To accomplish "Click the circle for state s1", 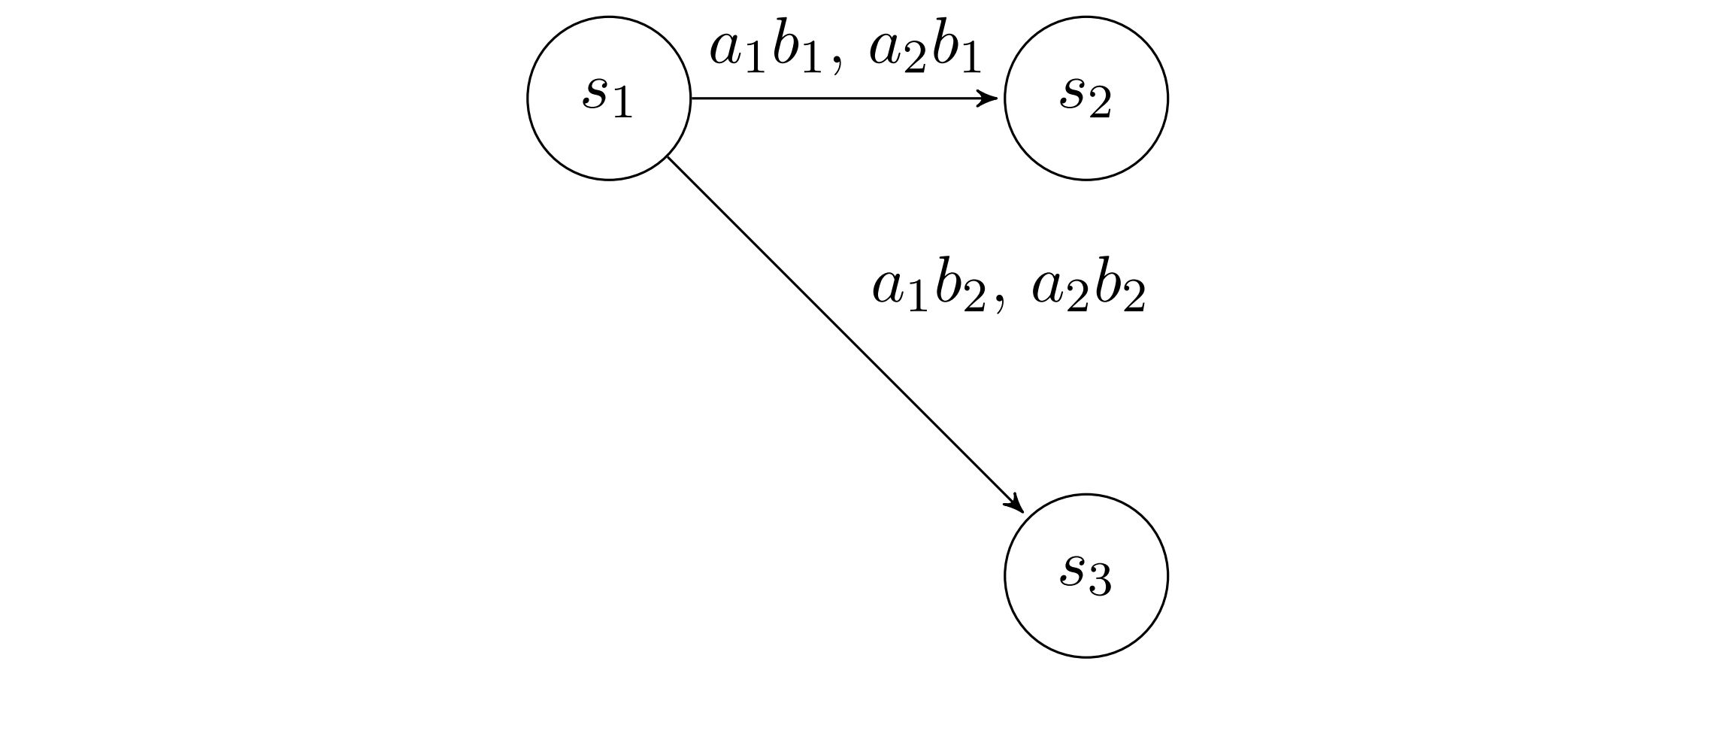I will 608,98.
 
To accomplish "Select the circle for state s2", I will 1086,98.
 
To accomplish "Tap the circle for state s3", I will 1086,575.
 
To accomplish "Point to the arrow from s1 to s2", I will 842,98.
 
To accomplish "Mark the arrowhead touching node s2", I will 990,98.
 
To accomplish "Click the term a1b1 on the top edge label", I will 765,50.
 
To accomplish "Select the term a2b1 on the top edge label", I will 925,50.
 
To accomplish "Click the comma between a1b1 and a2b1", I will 837,68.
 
